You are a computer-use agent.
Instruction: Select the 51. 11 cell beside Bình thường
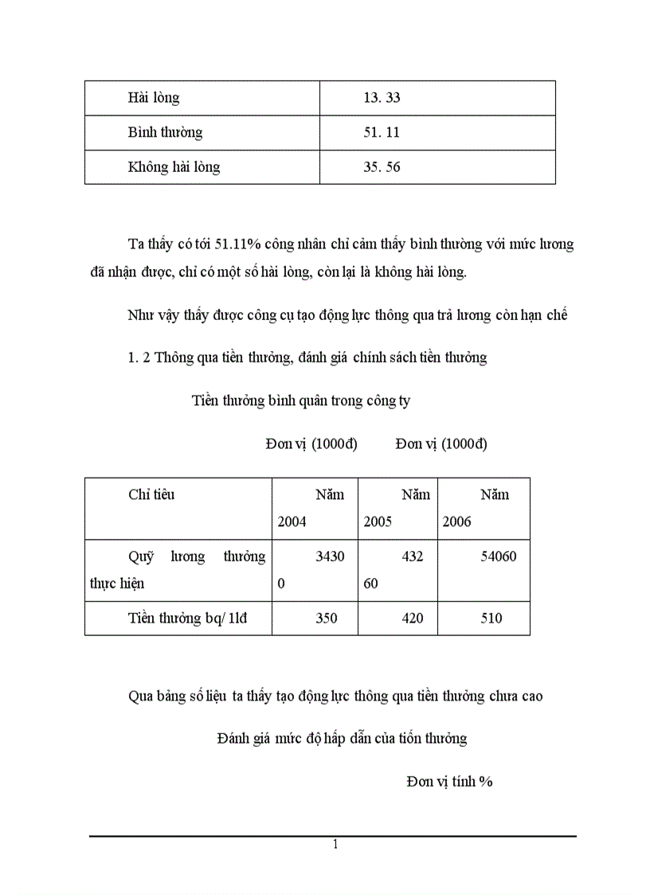pyautogui.click(x=381, y=132)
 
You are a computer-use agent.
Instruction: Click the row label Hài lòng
pyautogui.click(x=154, y=98)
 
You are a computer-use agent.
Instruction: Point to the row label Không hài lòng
pyautogui.click(x=174, y=167)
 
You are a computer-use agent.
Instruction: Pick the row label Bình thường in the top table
pyautogui.click(x=165, y=132)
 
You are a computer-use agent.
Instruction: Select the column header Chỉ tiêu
pyautogui.click(x=151, y=494)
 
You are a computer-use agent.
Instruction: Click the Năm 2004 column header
pyautogui.click(x=311, y=508)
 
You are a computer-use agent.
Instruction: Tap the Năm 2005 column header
pyautogui.click(x=397, y=508)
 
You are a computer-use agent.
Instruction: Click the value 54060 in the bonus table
pyautogui.click(x=496, y=556)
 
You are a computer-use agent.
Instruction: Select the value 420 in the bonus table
pyautogui.click(x=413, y=618)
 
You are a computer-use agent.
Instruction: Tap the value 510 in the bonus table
pyautogui.click(x=491, y=618)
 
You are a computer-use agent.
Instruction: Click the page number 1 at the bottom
pyautogui.click(x=335, y=845)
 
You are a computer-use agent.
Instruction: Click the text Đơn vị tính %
pyautogui.click(x=449, y=782)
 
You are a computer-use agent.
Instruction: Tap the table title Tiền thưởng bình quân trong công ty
pyautogui.click(x=301, y=401)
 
